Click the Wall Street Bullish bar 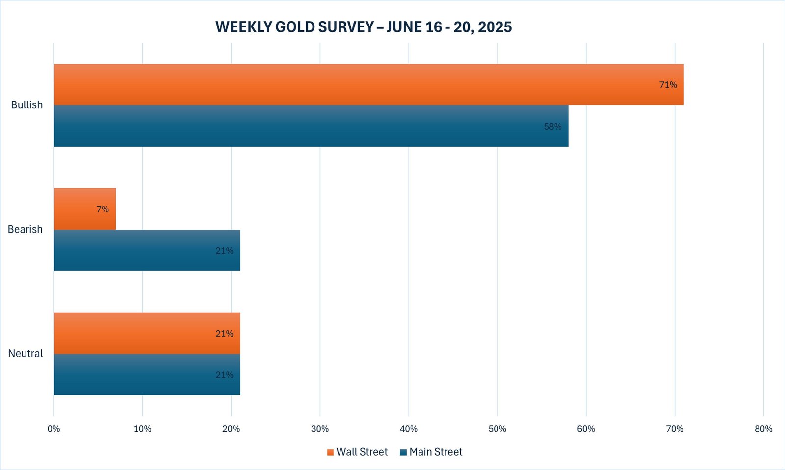(x=368, y=84)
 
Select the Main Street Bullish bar (x=311, y=126)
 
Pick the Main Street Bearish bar (x=147, y=250)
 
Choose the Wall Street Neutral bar (x=147, y=333)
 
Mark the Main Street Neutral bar (x=147, y=375)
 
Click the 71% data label (x=668, y=85)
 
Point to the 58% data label (x=552, y=127)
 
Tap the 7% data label (x=103, y=209)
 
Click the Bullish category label (x=27, y=105)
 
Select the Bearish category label (x=25, y=229)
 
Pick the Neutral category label (x=26, y=353)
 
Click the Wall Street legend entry (x=357, y=452)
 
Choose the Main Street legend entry (x=431, y=452)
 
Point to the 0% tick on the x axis (x=54, y=429)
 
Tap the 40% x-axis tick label (x=409, y=429)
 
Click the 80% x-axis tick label (x=763, y=429)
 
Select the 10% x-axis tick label (x=143, y=429)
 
